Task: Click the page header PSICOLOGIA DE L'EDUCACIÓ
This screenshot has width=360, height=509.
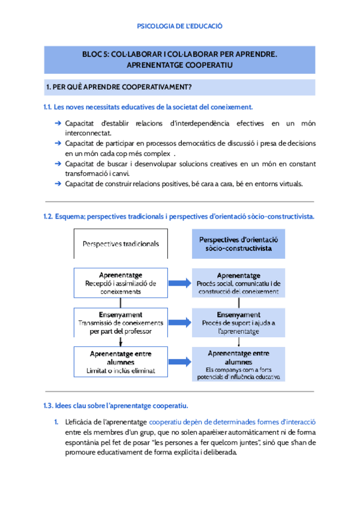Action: pos(180,26)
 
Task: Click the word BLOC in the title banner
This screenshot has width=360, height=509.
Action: pos(93,54)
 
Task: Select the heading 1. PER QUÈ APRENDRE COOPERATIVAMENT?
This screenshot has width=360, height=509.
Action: pos(119,88)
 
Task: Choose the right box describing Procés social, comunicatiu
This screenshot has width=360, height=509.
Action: pos(239,283)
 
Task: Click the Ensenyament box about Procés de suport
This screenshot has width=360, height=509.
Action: pos(239,322)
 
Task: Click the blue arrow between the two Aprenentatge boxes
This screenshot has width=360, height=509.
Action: pos(175,283)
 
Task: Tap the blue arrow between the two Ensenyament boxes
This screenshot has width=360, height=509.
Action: pos(175,322)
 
